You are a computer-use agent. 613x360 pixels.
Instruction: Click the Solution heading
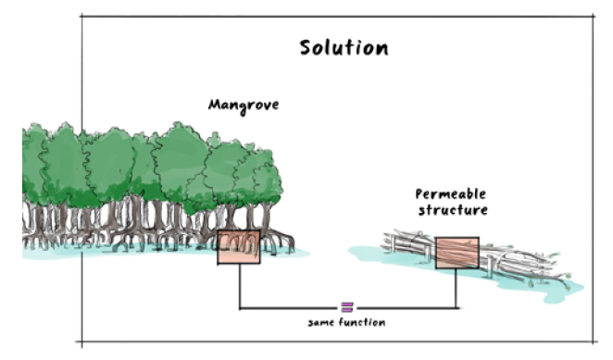(x=344, y=48)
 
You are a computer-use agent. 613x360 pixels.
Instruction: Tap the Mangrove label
(x=244, y=106)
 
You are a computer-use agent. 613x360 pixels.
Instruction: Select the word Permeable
(x=451, y=193)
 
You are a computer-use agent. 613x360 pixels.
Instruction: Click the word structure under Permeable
(x=453, y=210)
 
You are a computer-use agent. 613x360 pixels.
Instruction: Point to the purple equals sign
(x=347, y=307)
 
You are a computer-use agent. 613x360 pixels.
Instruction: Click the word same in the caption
(x=321, y=323)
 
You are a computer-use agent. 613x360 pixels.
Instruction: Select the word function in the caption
(x=362, y=322)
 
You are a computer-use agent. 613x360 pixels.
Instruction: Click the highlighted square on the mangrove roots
(x=239, y=247)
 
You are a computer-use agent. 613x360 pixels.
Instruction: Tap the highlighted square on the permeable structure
(x=457, y=253)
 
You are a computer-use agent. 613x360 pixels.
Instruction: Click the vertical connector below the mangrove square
(x=240, y=286)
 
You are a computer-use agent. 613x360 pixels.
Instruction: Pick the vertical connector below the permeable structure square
(x=456, y=289)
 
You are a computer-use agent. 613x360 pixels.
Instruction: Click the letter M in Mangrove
(x=214, y=105)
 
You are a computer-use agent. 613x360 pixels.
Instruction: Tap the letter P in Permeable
(x=419, y=193)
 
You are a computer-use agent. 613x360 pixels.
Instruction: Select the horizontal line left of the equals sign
(x=290, y=308)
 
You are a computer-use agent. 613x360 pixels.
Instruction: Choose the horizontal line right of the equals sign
(x=407, y=308)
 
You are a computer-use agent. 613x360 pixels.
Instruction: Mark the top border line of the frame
(x=337, y=17)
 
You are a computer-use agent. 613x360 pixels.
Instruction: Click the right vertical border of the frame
(x=593, y=179)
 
